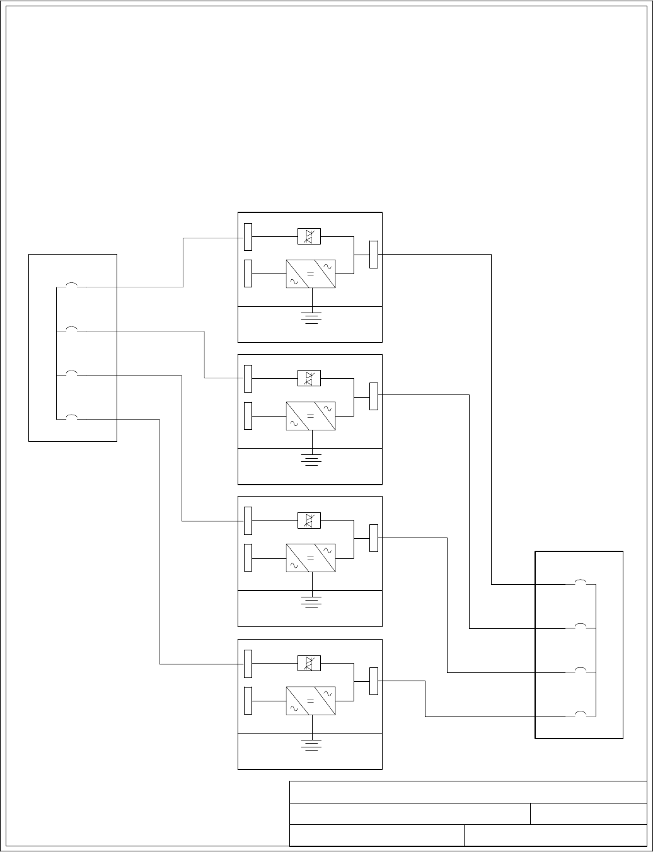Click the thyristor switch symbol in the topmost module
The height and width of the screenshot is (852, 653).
[x=309, y=237]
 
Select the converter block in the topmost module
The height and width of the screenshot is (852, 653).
[x=310, y=274]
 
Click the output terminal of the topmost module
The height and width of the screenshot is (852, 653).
[x=374, y=255]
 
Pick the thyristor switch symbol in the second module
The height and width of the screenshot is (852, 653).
[x=309, y=379]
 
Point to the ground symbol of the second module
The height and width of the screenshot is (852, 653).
[x=310, y=458]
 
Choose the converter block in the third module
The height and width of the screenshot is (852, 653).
[x=310, y=558]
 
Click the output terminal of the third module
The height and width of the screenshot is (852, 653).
[x=374, y=538]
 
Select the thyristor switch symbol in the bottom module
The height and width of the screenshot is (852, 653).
[x=309, y=664]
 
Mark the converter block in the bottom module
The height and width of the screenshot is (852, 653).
[x=310, y=701]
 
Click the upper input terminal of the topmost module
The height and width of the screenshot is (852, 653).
[x=248, y=236]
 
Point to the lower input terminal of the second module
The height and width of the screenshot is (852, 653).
[x=248, y=415]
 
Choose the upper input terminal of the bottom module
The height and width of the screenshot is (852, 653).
[x=248, y=663]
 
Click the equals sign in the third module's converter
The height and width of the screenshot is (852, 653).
[x=310, y=558]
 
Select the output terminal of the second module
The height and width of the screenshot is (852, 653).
[x=374, y=396]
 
